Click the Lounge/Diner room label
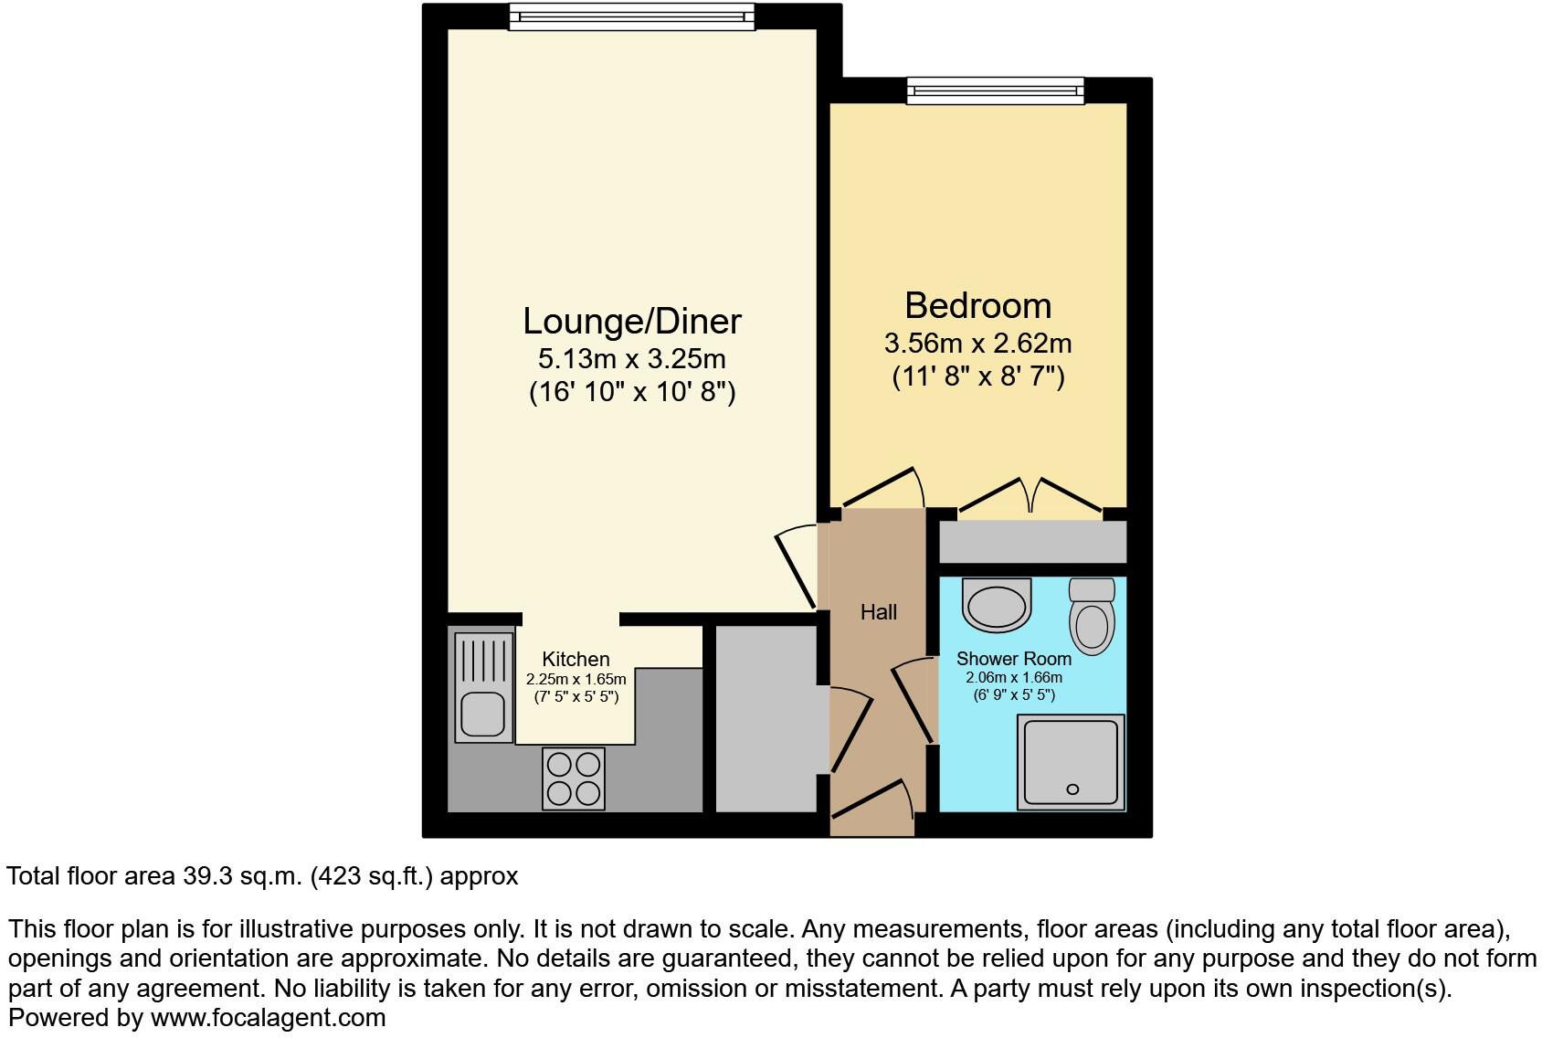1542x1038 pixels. point(631,322)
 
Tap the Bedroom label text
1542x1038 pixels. point(977,305)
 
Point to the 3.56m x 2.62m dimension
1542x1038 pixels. point(977,344)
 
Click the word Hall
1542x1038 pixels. point(878,612)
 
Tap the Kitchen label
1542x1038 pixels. point(576,659)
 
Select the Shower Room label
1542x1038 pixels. point(1013,658)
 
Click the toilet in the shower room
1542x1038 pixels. point(1092,618)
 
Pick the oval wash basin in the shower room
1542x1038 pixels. point(997,605)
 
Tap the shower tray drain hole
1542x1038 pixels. point(1072,789)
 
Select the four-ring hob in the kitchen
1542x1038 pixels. point(574,778)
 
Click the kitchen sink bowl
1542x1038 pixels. point(482,714)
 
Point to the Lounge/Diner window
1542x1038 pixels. point(631,16)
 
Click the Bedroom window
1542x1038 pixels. point(995,90)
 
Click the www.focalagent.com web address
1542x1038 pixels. point(268,1017)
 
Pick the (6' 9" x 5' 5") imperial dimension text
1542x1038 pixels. point(1013,695)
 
